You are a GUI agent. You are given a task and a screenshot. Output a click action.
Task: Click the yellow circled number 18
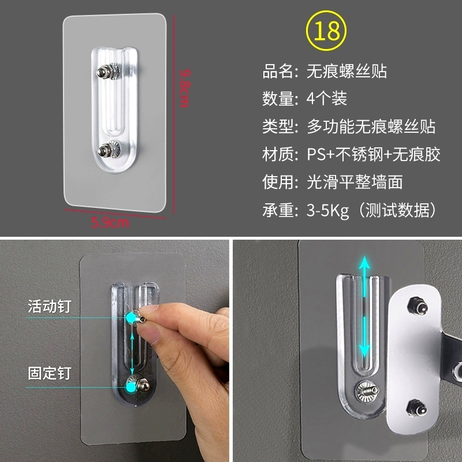(326, 31)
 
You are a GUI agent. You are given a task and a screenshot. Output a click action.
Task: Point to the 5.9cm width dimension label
(110, 222)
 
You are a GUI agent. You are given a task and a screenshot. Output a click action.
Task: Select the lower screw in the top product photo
(109, 150)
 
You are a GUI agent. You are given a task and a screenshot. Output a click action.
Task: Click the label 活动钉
(50, 306)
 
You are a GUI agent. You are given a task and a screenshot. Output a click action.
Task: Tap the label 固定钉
(50, 373)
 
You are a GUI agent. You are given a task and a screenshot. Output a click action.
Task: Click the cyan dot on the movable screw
(131, 318)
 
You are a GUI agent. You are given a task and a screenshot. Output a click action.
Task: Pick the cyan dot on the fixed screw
(131, 387)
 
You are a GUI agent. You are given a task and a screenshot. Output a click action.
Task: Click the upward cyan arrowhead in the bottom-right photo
(364, 262)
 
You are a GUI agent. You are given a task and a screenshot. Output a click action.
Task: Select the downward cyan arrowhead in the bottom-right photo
(364, 351)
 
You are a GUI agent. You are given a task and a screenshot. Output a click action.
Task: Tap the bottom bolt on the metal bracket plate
(416, 408)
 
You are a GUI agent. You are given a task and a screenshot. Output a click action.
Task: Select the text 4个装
(326, 98)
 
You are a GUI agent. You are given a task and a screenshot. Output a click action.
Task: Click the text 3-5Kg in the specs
(327, 210)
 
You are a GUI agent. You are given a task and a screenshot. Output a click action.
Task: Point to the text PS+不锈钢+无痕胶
(373, 154)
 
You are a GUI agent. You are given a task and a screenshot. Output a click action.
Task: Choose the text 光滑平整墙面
(355, 182)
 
